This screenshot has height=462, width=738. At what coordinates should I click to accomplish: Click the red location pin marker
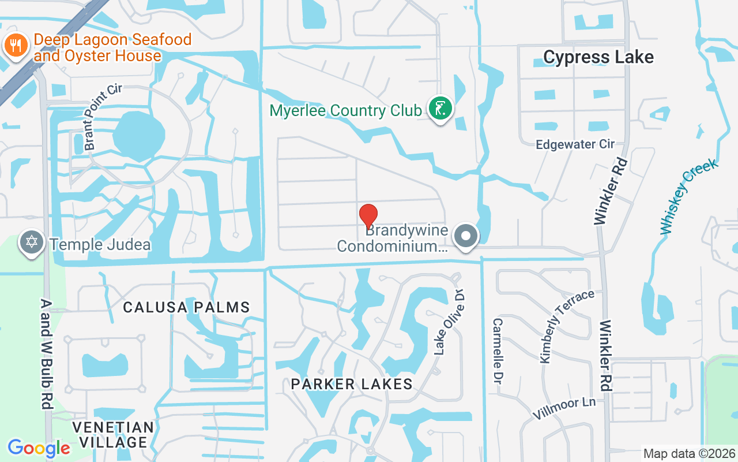point(368,217)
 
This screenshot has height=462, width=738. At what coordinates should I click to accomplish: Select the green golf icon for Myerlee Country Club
point(440,109)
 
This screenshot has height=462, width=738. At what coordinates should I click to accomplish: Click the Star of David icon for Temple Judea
point(32,242)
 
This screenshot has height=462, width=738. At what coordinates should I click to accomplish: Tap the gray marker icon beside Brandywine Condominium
point(465,236)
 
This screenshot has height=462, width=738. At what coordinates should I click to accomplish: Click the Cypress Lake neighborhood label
point(598,57)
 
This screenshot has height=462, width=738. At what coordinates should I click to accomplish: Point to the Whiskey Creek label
point(690,196)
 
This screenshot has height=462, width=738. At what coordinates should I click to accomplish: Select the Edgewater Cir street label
point(575,144)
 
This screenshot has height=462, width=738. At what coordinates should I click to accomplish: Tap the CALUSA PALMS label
point(187,307)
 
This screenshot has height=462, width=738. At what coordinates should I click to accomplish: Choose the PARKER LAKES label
point(352,384)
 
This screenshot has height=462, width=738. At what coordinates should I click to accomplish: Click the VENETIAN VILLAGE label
point(114,435)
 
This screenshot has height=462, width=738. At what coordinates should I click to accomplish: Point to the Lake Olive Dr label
point(449,322)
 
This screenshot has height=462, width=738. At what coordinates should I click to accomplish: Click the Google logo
point(39,448)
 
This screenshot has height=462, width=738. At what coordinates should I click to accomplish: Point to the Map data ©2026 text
point(690,453)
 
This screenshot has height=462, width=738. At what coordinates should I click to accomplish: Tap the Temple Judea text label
point(100,244)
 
